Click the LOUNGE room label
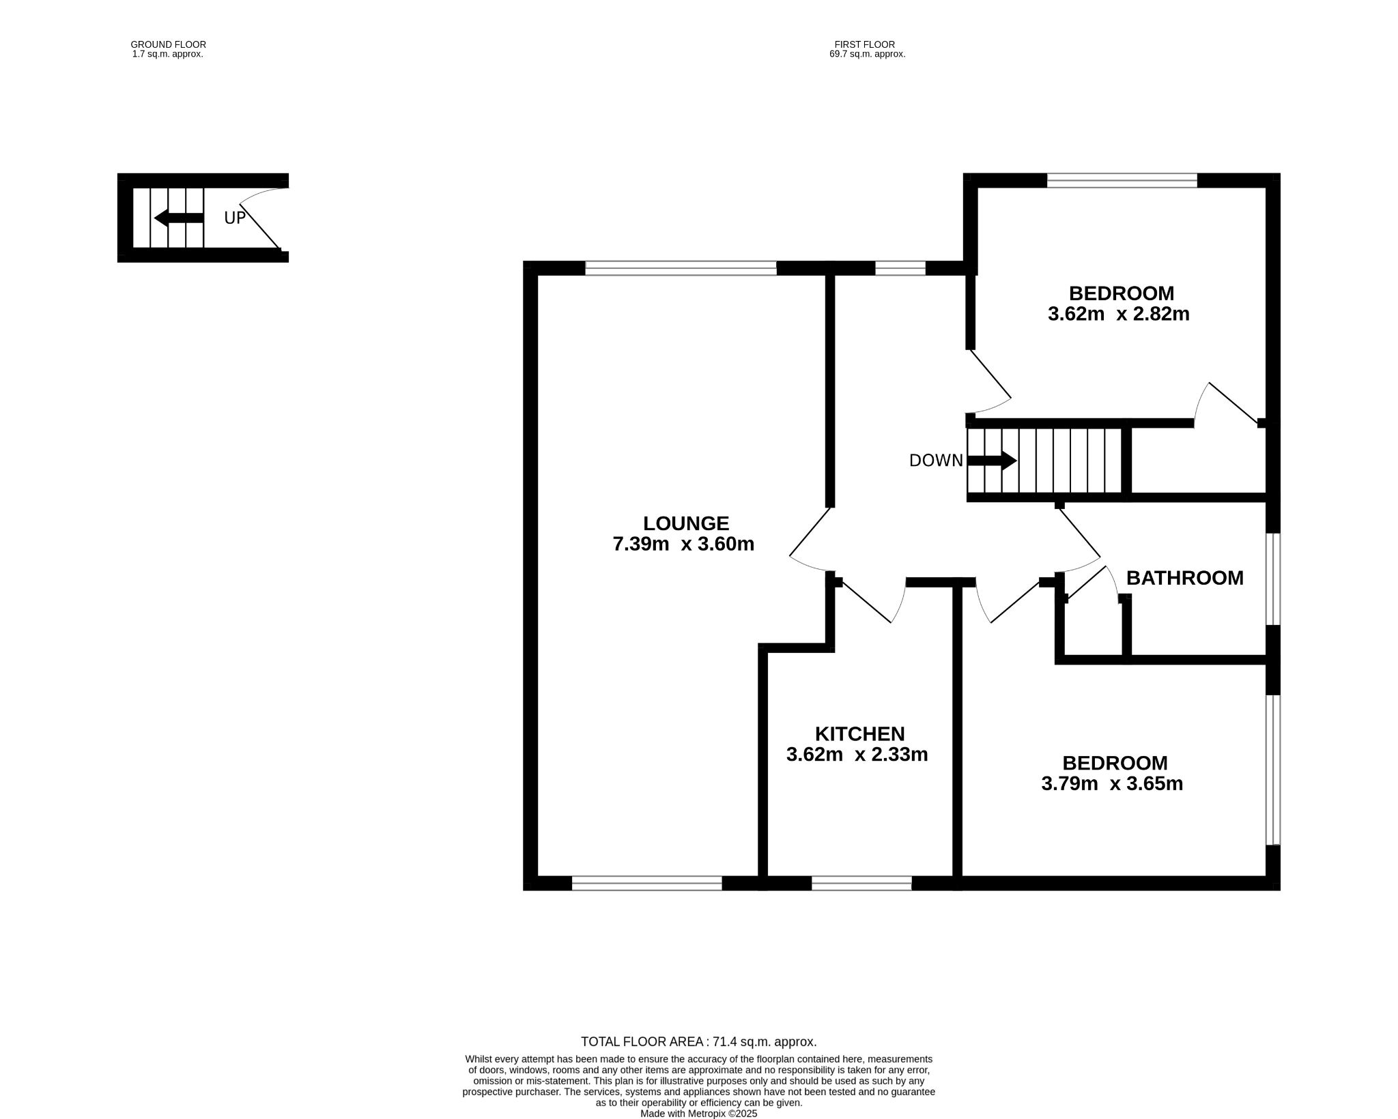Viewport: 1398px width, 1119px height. point(686,523)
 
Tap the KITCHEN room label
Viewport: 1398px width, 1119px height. point(859,733)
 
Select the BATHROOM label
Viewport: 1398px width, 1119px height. point(1184,578)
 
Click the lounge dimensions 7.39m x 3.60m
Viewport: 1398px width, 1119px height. point(683,544)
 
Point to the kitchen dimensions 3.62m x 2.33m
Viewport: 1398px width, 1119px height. point(857,754)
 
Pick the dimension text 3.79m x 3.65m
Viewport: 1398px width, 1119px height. point(1112,783)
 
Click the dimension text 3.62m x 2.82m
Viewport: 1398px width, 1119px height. point(1118,314)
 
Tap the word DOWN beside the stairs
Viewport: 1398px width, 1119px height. point(936,461)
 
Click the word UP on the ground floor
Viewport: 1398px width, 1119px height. point(234,218)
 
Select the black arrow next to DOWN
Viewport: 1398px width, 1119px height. point(993,461)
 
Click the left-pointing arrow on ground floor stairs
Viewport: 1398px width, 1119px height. point(179,218)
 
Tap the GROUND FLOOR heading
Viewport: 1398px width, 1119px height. point(168,44)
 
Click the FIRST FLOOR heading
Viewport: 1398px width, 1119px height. point(865,44)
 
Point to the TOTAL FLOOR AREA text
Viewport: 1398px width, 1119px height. point(698,1042)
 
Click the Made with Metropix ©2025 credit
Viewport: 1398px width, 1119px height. point(699,1114)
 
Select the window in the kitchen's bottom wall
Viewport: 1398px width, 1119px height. point(861,884)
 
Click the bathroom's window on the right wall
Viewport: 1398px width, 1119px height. point(1273,579)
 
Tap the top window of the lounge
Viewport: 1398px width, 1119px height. point(681,268)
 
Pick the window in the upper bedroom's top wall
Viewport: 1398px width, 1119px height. point(1122,180)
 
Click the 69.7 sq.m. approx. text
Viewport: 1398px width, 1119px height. point(867,54)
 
